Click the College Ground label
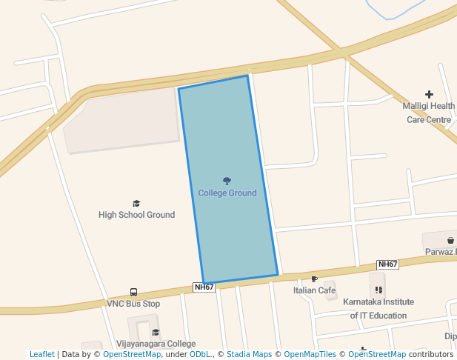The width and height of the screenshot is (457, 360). pyautogui.click(x=227, y=193)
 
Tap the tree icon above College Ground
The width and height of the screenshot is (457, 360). pyautogui.click(x=227, y=181)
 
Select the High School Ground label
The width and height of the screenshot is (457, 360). pyautogui.click(x=137, y=215)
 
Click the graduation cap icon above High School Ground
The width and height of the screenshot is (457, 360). pyautogui.click(x=136, y=203)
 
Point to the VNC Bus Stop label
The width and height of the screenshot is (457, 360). pyautogui.click(x=133, y=304)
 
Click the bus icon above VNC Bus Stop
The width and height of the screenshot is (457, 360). pyautogui.click(x=133, y=293)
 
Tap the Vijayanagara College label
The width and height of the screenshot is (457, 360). pyautogui.click(x=156, y=344)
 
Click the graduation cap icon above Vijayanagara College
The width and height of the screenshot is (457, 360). pyautogui.click(x=156, y=333)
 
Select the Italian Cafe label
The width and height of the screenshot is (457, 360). pyautogui.click(x=315, y=290)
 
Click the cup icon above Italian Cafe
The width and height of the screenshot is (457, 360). pyautogui.click(x=315, y=279)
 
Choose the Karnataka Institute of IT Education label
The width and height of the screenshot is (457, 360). pyautogui.click(x=378, y=309)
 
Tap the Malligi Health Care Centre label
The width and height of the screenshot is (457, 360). pyautogui.click(x=429, y=113)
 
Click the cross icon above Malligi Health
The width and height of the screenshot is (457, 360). pyautogui.click(x=429, y=94)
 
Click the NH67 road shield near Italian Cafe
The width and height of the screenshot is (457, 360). pyautogui.click(x=387, y=264)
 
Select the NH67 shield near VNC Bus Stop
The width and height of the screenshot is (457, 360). pyautogui.click(x=204, y=287)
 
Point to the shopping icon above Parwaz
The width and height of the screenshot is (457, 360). pyautogui.click(x=450, y=241)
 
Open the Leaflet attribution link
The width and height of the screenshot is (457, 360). pyautogui.click(x=41, y=355)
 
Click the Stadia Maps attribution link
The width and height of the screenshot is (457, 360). pyautogui.click(x=249, y=355)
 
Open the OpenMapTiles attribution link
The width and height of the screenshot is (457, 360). pyautogui.click(x=310, y=355)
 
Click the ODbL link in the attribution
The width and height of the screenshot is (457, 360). pyautogui.click(x=200, y=355)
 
